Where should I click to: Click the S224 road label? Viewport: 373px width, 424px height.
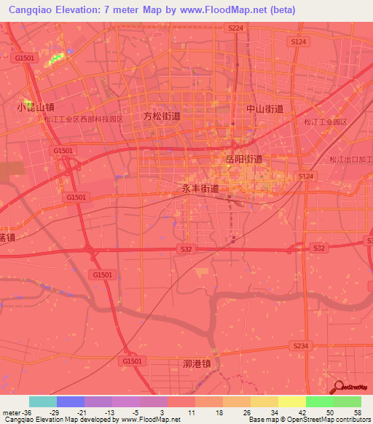pyautogui.click(x=234, y=27)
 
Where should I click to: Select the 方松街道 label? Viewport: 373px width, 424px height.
pyautogui.click(x=162, y=116)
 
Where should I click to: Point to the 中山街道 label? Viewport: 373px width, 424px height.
pyautogui.click(x=264, y=109)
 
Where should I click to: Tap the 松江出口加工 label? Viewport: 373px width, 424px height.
pyautogui.click(x=350, y=160)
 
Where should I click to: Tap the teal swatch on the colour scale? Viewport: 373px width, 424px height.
pyautogui.click(x=43, y=401)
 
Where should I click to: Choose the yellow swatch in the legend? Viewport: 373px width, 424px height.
pyautogui.click(x=291, y=401)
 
